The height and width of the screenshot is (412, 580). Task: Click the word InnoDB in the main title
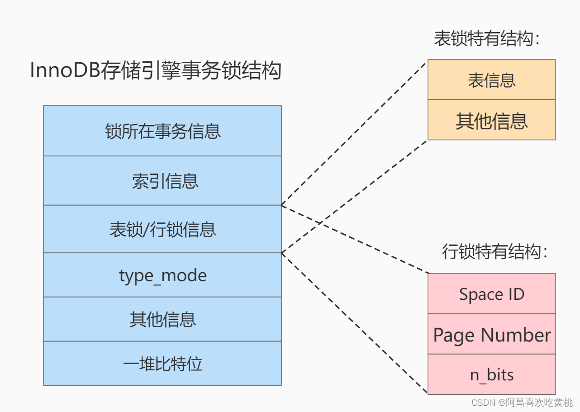[x=65, y=71]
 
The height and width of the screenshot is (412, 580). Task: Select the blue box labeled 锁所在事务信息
[x=162, y=131]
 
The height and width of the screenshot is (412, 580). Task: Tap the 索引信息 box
[x=162, y=181]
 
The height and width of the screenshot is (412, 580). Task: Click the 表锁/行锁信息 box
[x=162, y=229]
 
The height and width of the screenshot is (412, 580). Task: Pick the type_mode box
[x=162, y=275]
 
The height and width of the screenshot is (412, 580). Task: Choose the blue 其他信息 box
[x=162, y=319]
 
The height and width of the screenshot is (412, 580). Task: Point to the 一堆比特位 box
[x=162, y=364]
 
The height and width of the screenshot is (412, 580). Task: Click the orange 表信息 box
[x=491, y=80]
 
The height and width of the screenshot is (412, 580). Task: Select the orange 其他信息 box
[x=491, y=120]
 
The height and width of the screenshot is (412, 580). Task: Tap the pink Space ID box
[x=491, y=294]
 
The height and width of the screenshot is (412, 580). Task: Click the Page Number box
[x=491, y=335]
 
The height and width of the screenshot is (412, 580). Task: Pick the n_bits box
[x=491, y=375]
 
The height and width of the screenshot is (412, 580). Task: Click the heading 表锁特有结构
[x=487, y=39]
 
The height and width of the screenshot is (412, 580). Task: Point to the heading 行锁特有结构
[x=494, y=252]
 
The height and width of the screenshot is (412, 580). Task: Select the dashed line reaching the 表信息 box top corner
[x=354, y=133]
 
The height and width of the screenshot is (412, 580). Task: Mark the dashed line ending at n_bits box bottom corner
[x=354, y=323]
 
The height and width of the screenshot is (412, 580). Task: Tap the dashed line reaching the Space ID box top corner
[x=354, y=239]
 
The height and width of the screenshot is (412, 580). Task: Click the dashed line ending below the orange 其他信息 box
[x=354, y=196]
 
